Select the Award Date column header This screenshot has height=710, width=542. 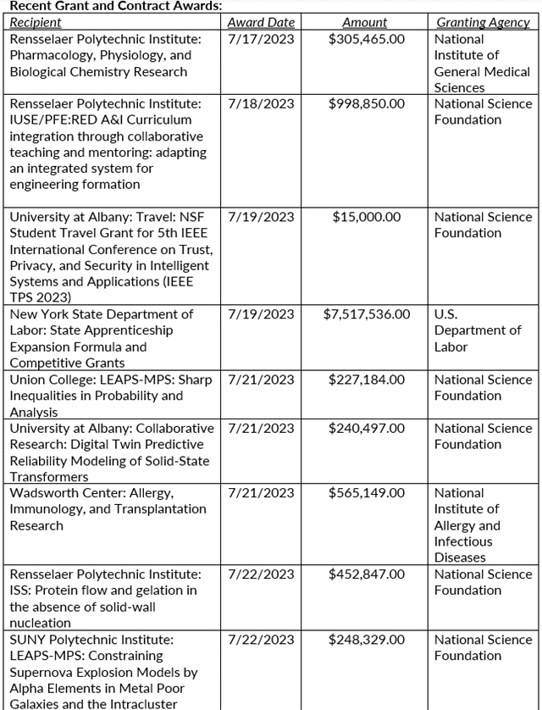point(261,23)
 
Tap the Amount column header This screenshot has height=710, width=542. point(365,23)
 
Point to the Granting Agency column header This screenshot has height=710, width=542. point(483,23)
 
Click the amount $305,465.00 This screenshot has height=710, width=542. point(367,39)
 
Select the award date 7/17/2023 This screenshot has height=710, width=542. point(262,39)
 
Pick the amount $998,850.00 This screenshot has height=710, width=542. point(367,103)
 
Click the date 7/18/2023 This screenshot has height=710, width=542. point(262,103)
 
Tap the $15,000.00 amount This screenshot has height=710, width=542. point(367,217)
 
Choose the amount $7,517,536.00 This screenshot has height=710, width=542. point(367,314)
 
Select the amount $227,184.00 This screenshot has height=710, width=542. point(367,380)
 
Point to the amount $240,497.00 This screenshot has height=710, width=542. point(367,428)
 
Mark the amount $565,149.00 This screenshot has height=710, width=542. point(367,493)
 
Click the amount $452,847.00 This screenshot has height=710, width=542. point(367,574)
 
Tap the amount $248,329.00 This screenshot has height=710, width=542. point(367,640)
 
